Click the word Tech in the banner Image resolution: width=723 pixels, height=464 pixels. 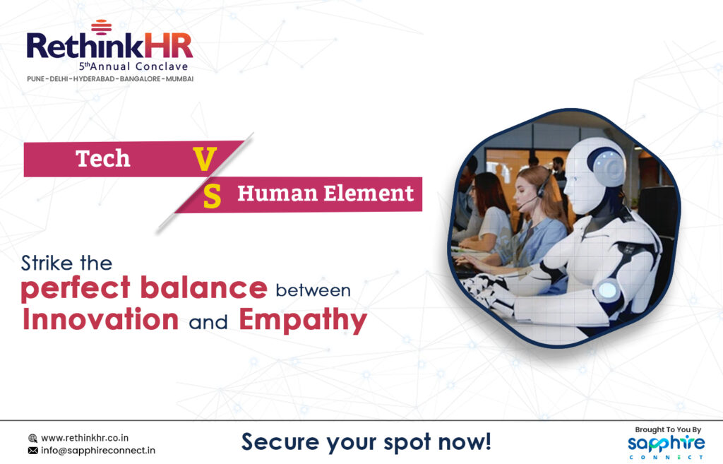[103, 158]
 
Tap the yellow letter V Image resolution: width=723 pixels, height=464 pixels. [205, 159]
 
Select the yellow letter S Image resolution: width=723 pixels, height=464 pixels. [212, 196]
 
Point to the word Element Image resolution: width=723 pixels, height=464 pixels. [369, 193]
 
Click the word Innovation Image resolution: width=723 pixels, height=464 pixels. [100, 319]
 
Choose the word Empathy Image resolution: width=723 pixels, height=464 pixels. [303, 321]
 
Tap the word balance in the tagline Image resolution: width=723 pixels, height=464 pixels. [203, 288]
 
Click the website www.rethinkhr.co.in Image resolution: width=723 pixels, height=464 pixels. [85, 438]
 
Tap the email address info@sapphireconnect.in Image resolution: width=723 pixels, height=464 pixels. [98, 450]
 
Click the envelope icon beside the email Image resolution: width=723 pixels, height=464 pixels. [32, 450]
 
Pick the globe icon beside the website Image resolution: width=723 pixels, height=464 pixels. [32, 438]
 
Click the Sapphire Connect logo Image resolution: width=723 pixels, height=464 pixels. [667, 446]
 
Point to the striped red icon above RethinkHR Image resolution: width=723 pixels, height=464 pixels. [102, 28]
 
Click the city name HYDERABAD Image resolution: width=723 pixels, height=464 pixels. [94, 79]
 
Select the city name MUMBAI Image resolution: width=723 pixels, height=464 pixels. [180, 79]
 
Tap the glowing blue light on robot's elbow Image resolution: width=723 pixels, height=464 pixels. [607, 290]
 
